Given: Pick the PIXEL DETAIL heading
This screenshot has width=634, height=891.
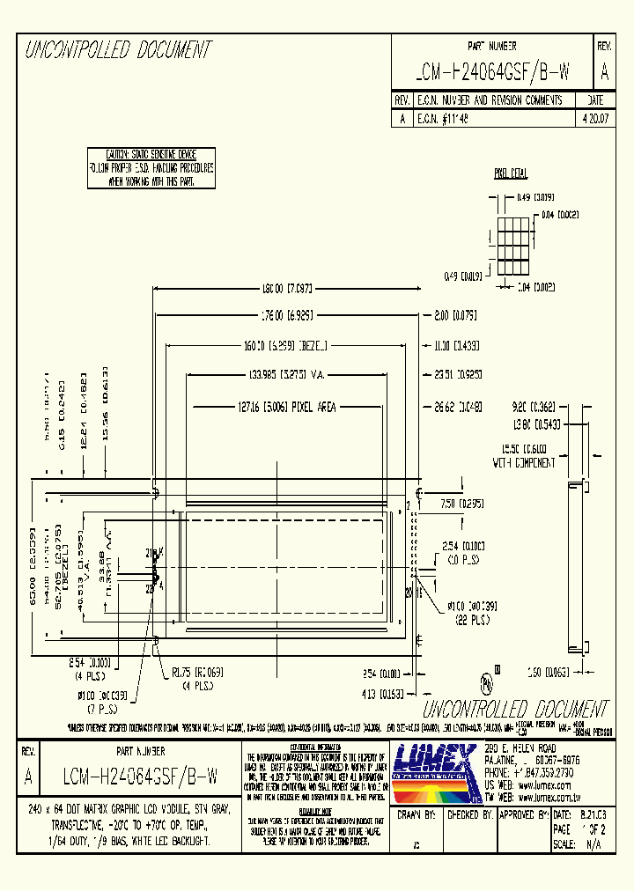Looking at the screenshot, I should click(x=511, y=173).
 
